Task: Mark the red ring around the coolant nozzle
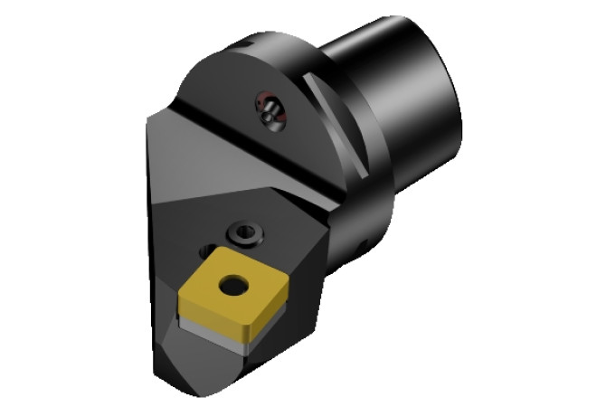(x=261, y=102)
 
